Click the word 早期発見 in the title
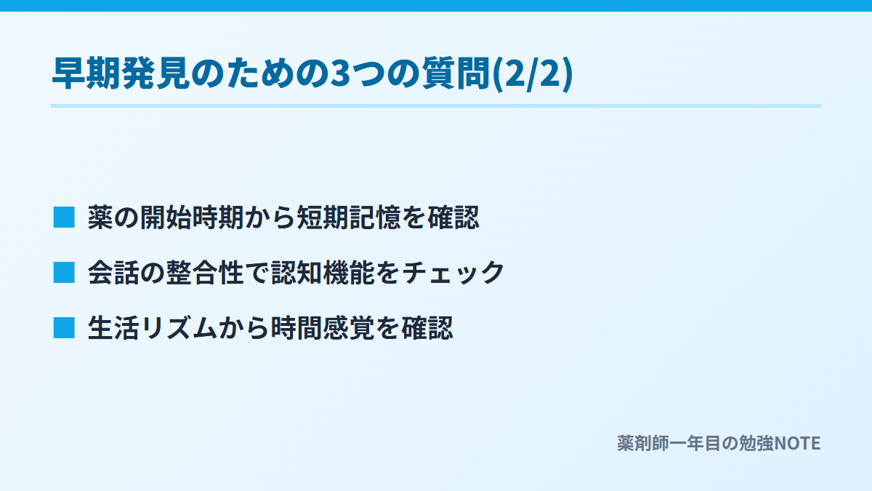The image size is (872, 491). pyautogui.click(x=121, y=73)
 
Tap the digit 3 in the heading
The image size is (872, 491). pyautogui.click(x=340, y=73)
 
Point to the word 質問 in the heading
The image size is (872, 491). pyautogui.click(x=456, y=73)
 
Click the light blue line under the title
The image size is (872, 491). pyautogui.click(x=436, y=105)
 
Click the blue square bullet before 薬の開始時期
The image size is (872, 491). pyautogui.click(x=64, y=217)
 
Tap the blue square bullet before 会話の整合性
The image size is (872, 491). pyautogui.click(x=64, y=272)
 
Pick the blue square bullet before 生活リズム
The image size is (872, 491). pyautogui.click(x=64, y=328)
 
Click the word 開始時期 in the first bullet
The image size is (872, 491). pyautogui.click(x=192, y=217)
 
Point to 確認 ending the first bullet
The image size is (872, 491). pyautogui.click(x=453, y=217)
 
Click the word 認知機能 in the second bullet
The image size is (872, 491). pyautogui.click(x=323, y=272)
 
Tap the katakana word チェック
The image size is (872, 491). pyautogui.click(x=453, y=272)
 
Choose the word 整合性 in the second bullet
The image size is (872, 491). pyautogui.click(x=205, y=272)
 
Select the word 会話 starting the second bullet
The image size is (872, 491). pyautogui.click(x=113, y=272)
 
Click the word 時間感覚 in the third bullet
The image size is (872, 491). pyautogui.click(x=323, y=328)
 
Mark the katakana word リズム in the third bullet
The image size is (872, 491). pyautogui.click(x=179, y=328)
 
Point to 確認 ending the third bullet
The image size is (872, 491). pyautogui.click(x=427, y=328)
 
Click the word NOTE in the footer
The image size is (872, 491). pyautogui.click(x=797, y=444)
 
